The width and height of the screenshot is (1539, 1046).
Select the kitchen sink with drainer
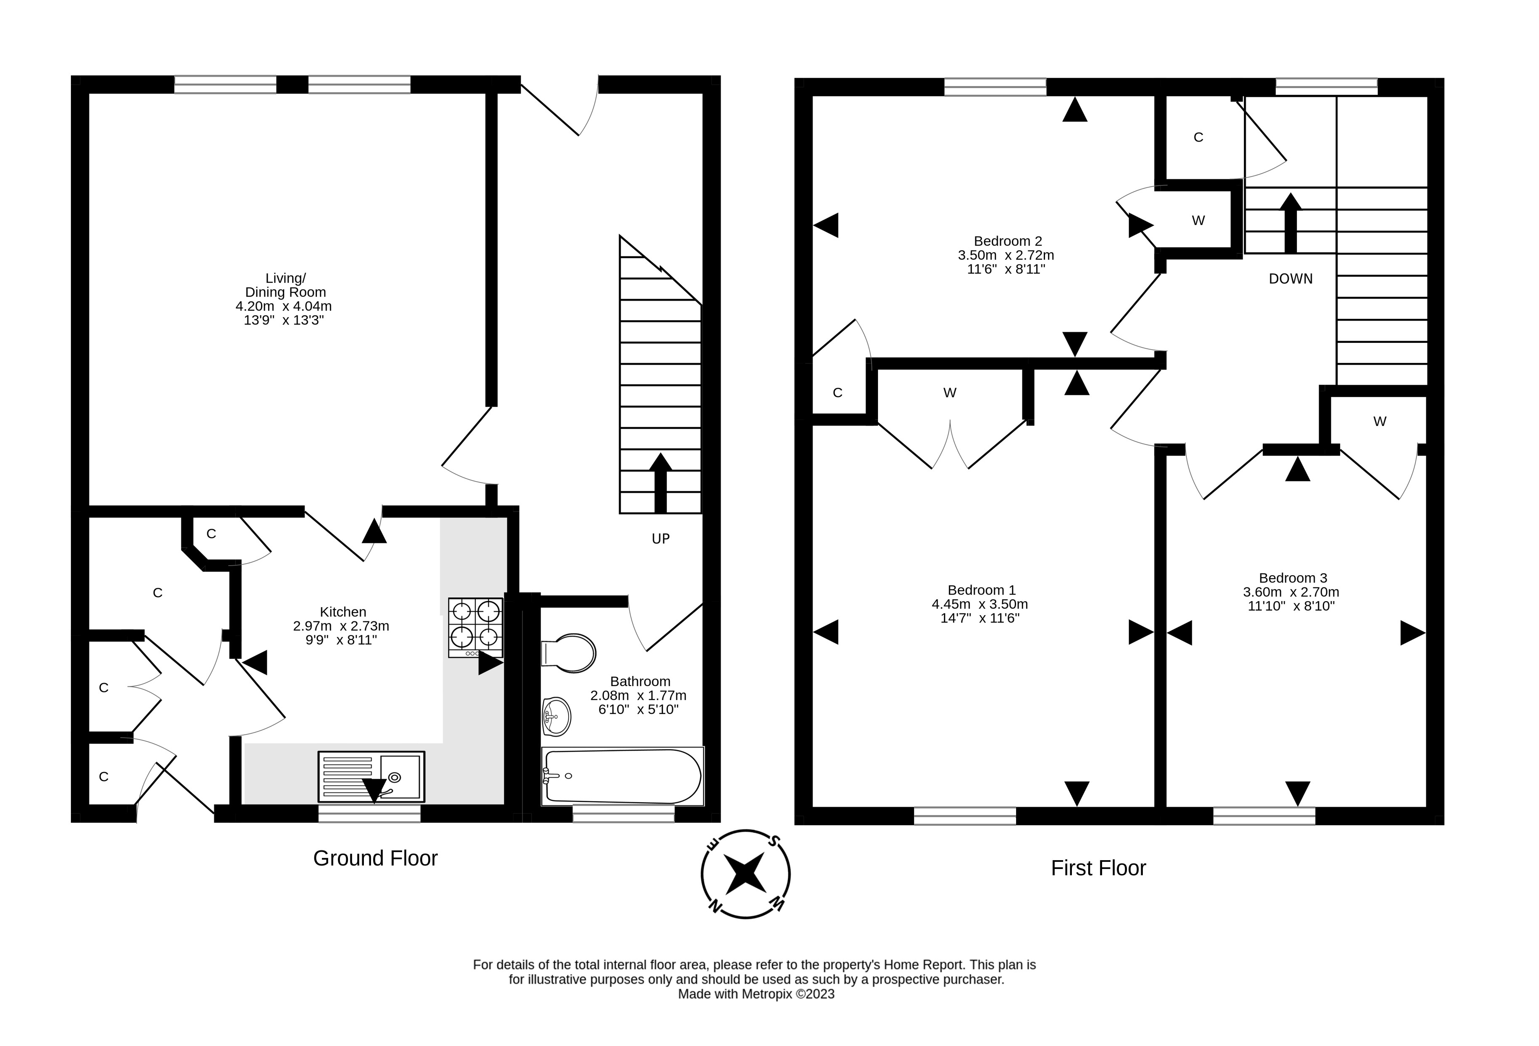pos(371,777)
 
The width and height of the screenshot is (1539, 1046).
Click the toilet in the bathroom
pos(568,653)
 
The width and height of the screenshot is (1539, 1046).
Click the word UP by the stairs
pos(661,539)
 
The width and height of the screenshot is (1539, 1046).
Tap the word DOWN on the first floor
pos(1291,279)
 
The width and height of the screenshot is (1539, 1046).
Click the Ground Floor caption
pos(376,858)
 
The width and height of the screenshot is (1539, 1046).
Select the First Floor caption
pos(1099,868)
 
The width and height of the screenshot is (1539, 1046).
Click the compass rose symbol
pos(746,874)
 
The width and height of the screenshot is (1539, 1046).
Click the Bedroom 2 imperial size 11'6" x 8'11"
pos(1006,269)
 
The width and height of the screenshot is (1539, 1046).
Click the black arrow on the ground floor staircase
pos(660,483)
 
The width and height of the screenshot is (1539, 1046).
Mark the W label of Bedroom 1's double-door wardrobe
pos(950,393)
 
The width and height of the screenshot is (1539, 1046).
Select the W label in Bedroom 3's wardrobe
pos(1380,421)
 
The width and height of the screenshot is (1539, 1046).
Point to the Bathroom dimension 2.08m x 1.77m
pos(638,695)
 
